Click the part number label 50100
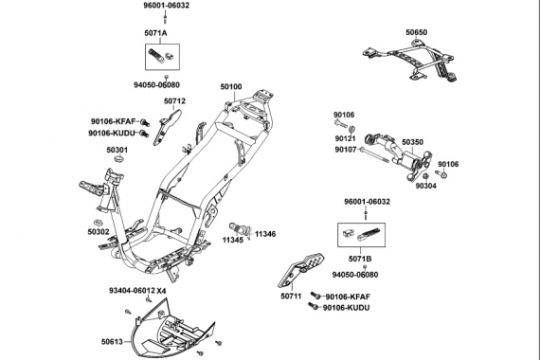coord(231,87)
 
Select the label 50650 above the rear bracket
coord(416,32)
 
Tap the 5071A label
coord(155,33)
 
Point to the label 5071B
coord(360,259)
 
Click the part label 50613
coord(112,342)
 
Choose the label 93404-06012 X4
coord(137,291)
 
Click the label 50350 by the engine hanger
coord(412,142)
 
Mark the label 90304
coord(426,186)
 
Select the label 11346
coord(265,234)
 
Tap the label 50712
coord(174,101)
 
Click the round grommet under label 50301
coord(118,159)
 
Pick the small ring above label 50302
coord(99,221)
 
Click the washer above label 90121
coord(352,130)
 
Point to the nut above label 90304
coord(425,177)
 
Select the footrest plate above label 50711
coord(300,271)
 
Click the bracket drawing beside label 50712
coord(167,127)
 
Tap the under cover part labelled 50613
coord(173,329)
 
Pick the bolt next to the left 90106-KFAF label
coord(145,121)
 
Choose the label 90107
coord(346,150)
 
